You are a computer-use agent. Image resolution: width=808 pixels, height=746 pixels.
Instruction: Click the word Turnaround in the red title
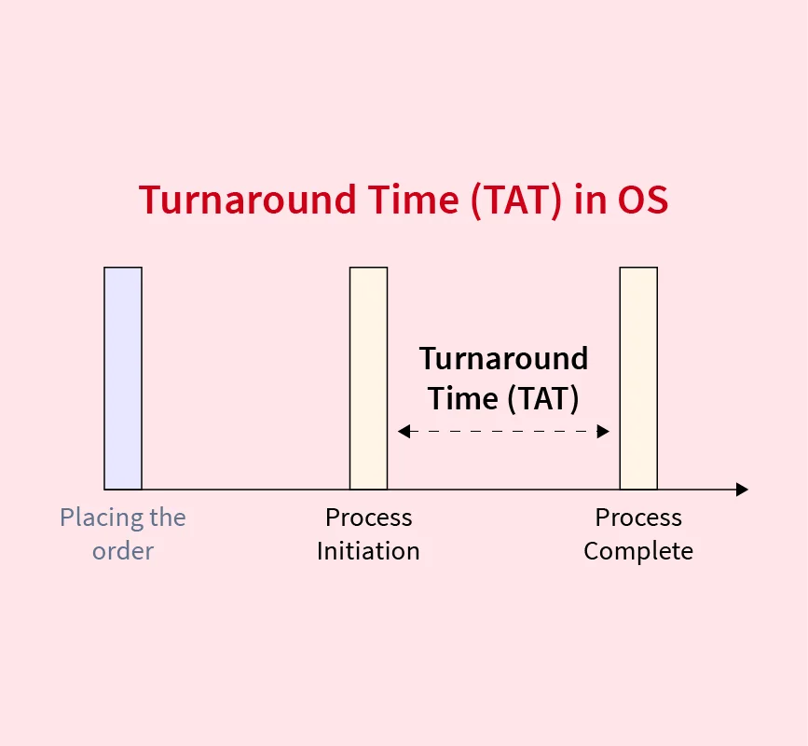(247, 200)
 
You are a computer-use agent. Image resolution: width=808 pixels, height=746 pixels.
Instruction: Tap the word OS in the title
(643, 200)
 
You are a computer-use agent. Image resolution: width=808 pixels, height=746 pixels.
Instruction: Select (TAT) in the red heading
(515, 200)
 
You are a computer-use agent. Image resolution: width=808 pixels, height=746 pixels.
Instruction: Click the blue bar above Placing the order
(123, 379)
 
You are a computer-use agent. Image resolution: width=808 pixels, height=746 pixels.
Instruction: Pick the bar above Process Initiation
(368, 379)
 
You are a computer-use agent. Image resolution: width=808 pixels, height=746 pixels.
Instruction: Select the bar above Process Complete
(638, 379)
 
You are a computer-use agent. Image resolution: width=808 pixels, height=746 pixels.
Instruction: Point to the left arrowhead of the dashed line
(404, 431)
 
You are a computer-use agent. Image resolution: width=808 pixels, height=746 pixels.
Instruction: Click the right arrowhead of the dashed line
(603, 431)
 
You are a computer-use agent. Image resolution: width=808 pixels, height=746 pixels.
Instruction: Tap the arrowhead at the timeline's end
(742, 490)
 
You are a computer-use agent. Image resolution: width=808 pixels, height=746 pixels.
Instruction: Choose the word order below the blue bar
(123, 551)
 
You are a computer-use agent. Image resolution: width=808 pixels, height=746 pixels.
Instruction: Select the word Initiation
(368, 551)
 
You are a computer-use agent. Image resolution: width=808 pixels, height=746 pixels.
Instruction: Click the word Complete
(638, 552)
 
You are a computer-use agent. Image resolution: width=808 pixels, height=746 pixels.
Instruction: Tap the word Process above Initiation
(369, 518)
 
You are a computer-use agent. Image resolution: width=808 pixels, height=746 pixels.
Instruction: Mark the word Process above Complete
(638, 518)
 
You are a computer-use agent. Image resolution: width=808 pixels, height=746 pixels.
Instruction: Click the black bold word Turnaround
(503, 358)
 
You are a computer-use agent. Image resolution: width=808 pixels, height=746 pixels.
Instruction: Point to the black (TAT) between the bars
(543, 398)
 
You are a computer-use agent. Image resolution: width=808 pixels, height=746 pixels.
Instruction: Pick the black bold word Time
(463, 398)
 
